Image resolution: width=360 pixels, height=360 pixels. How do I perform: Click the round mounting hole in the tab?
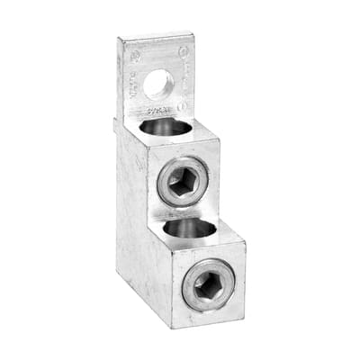(x=157, y=84)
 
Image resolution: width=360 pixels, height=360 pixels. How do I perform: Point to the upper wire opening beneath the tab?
(x=166, y=127)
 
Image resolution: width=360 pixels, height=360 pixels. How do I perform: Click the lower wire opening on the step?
(x=189, y=229)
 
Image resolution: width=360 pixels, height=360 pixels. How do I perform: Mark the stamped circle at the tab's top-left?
(x=135, y=56)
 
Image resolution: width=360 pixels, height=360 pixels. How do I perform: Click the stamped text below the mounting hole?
(x=160, y=111)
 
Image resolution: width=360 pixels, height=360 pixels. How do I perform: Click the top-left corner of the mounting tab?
(x=120, y=39)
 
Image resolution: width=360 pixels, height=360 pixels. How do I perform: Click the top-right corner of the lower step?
(x=244, y=241)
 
